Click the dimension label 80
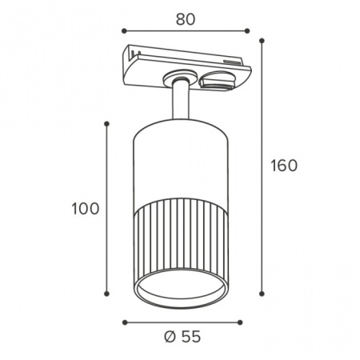point(186,19)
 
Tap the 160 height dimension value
point(284,166)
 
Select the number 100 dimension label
point(86,209)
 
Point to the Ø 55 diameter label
point(182,337)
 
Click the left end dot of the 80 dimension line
point(124,31)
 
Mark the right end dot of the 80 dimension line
point(247,31)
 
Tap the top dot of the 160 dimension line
point(262,41)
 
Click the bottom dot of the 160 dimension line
point(262,294)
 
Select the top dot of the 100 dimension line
point(106,124)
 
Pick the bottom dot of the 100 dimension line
point(106,294)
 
